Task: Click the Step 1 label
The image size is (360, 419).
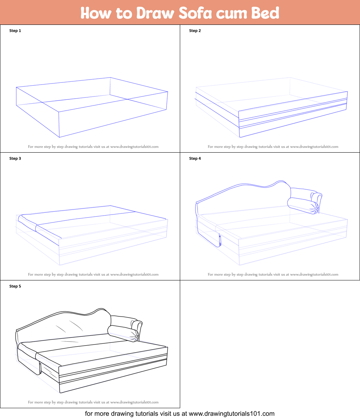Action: tap(15, 31)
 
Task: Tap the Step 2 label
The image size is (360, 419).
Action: tap(195, 31)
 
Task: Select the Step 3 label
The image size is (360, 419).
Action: tap(15, 158)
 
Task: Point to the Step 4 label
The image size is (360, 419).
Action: tap(195, 158)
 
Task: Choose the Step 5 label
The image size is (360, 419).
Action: tap(15, 286)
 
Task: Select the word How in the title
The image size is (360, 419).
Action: tap(96, 13)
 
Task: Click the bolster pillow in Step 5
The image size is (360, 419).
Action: tap(123, 333)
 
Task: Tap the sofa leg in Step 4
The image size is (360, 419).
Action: tap(220, 240)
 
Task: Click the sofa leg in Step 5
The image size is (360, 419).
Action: tap(40, 368)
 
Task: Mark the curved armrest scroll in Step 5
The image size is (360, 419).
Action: tap(137, 328)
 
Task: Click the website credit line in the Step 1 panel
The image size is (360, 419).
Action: tap(93, 147)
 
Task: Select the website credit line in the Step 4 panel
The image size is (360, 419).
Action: tap(273, 274)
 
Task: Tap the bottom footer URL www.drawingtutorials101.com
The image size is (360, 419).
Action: tap(232, 414)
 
